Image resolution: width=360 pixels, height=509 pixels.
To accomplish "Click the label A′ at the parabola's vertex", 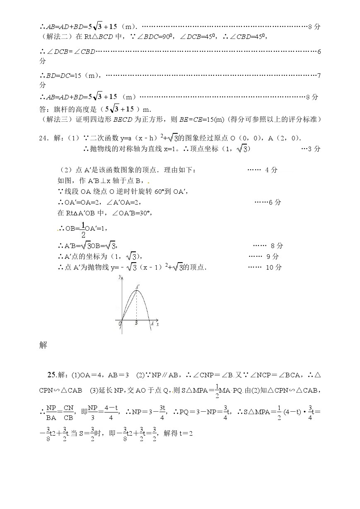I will coord(138,286).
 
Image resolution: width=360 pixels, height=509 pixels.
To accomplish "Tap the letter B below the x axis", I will coord(136,323).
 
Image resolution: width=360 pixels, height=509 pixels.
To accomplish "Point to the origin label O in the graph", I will coord(120,323).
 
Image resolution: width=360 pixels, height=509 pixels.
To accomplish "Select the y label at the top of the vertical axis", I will coord(119,276).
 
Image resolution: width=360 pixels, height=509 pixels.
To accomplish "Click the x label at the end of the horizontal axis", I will coord(158,324).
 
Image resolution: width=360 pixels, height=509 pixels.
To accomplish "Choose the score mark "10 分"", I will coord(273,267).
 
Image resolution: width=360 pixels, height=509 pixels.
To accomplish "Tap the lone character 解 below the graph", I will coord(43,345).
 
